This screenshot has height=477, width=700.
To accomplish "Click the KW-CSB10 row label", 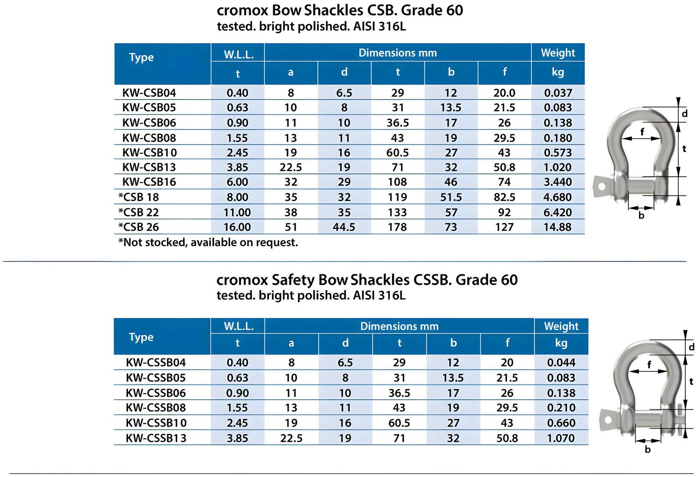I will pos(149,153).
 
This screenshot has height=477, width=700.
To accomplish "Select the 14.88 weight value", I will pos(558,227).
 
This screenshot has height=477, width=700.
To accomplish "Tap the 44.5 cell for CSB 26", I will pos(344,227).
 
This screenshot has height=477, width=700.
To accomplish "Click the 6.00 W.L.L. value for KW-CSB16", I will pos(237,182).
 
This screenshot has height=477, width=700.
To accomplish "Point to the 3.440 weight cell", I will pos(558,182).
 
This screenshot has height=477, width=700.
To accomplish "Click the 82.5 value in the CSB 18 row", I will pos(504,197).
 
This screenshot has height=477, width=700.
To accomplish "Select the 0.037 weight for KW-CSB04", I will pos(558,93).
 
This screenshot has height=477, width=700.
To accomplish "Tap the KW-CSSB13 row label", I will pos(156,438).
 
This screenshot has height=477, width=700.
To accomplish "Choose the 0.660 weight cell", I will pos(561,423).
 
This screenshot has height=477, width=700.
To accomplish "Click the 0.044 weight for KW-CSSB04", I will pos(561,363).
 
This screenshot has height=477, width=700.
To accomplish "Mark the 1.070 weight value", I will pos(561,438).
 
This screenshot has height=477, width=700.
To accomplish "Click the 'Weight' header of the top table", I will pos(558,53).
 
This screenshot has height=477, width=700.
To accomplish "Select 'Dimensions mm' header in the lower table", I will pos(399,326).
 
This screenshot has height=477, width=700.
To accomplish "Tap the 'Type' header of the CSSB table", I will pos(141,337).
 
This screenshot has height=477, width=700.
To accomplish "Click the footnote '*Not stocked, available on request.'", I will pos(208,243).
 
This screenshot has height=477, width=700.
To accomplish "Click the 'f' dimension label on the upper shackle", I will pos(642,132).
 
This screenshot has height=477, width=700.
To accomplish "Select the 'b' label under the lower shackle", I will pos(647,449).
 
